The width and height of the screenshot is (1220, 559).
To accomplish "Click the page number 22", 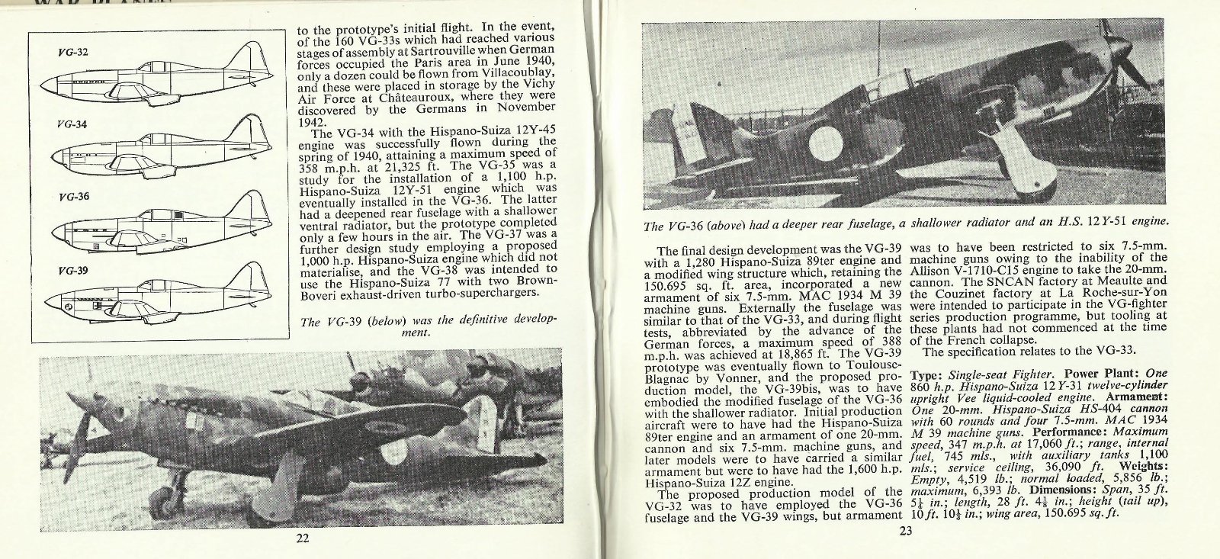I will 302,538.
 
